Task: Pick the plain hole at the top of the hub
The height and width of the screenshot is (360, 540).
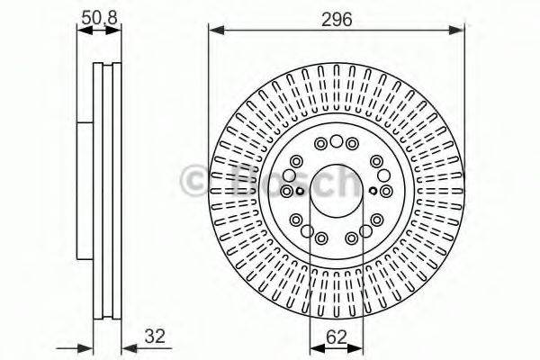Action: [337, 140]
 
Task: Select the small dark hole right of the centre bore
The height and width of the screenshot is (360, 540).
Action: [373, 190]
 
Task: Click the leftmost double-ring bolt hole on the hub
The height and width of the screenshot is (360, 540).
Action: [287, 191]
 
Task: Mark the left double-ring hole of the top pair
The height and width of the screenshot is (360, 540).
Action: [321, 142]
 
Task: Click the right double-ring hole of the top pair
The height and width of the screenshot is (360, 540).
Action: [352, 142]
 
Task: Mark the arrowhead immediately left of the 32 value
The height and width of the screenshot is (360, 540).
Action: [126, 346]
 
